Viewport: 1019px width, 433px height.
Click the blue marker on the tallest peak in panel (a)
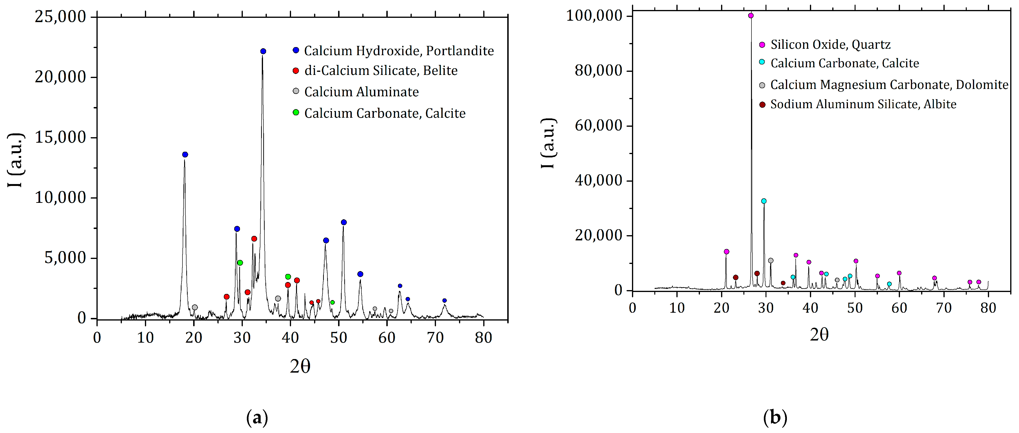point(263,51)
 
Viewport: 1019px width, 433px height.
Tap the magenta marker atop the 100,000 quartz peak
point(751,16)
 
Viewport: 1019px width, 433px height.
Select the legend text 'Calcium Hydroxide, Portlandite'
point(399,51)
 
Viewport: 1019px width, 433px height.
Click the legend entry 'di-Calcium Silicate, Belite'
point(381,71)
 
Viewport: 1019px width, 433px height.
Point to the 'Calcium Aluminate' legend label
point(361,92)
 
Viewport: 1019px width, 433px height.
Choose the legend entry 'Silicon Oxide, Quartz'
point(830,45)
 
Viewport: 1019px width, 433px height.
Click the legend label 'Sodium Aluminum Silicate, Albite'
point(863,104)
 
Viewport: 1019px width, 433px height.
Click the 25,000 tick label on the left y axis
point(60,17)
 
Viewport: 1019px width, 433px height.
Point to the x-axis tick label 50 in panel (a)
point(339,338)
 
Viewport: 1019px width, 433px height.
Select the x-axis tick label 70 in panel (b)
point(944,307)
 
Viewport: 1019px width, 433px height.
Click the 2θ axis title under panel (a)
point(300,366)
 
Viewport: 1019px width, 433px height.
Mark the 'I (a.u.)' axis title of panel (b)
point(548,143)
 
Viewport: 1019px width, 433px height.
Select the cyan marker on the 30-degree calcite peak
point(764,201)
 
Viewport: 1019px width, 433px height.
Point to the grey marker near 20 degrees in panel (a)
point(195,307)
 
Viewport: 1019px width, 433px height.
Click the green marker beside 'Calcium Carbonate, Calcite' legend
point(296,112)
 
